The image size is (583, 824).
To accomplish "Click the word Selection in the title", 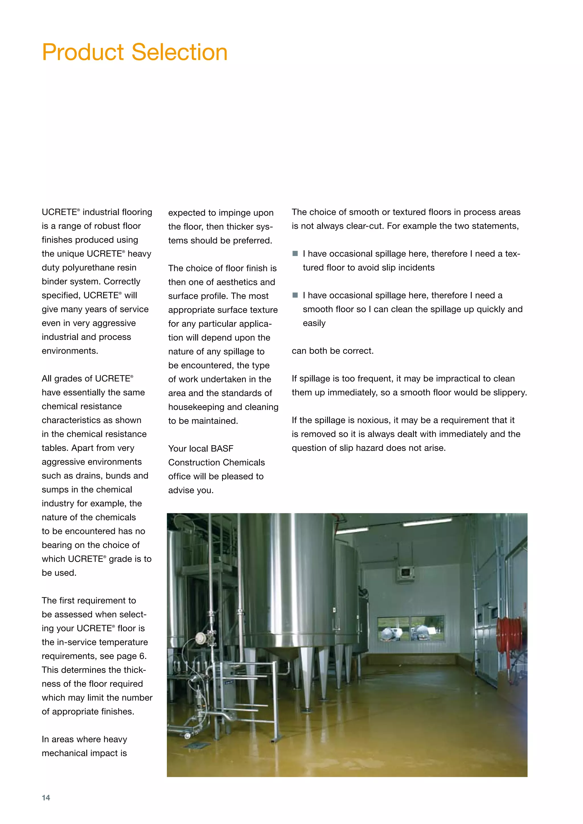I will point(180,52).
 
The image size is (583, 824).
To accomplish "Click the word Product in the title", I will point(83,52).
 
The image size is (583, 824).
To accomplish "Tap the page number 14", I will point(46,798).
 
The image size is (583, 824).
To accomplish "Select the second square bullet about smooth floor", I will point(295,295).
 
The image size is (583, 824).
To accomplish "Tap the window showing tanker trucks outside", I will point(411,629).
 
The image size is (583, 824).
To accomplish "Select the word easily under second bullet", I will point(314,323).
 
